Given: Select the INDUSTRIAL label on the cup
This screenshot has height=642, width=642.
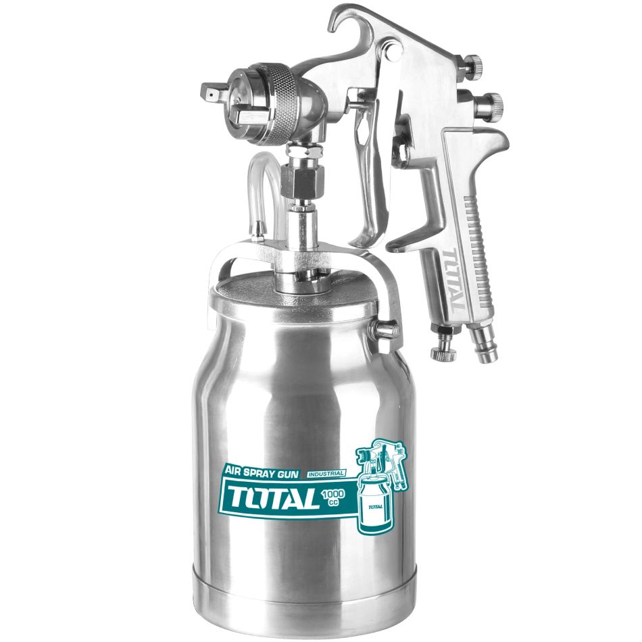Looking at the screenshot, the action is [x=325, y=474].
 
